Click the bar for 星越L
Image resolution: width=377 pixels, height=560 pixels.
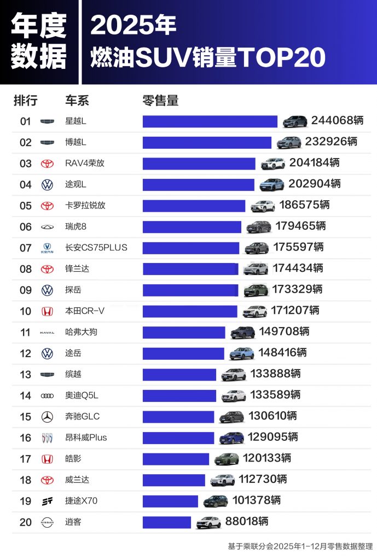point(210,121)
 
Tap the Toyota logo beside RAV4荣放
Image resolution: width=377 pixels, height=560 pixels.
point(48,164)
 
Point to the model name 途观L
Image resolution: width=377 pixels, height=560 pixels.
point(76,184)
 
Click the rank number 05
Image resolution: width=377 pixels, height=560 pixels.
point(26,206)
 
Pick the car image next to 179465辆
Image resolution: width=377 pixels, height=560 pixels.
point(258,226)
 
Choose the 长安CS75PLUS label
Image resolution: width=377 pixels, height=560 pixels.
point(96,248)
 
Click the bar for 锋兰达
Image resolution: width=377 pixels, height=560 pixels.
point(190,269)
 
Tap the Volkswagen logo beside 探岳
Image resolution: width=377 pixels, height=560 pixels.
point(48,290)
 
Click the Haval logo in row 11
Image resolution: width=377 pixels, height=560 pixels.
point(48,332)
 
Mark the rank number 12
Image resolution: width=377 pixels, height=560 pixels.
point(26,353)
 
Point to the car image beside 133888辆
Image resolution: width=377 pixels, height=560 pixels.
point(234,374)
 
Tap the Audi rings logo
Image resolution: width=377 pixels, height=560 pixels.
point(48,395)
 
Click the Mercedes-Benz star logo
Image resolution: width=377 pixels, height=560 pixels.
point(48,417)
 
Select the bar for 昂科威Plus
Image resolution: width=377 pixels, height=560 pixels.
point(178,437)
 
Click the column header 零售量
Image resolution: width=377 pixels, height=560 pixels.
point(160,101)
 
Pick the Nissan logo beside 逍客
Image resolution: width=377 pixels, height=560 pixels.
point(48,522)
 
